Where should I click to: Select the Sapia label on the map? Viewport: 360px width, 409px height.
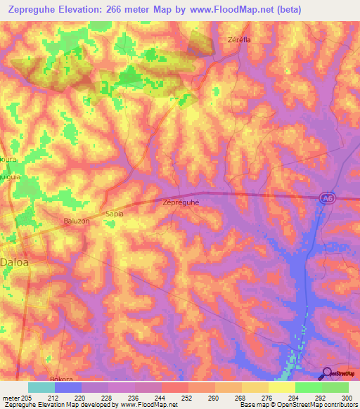coord(114,212)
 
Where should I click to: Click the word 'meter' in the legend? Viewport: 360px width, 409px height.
coord(11,397)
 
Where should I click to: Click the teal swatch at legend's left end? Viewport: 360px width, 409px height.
coord(41,387)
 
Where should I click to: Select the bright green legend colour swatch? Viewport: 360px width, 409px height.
coord(308,387)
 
